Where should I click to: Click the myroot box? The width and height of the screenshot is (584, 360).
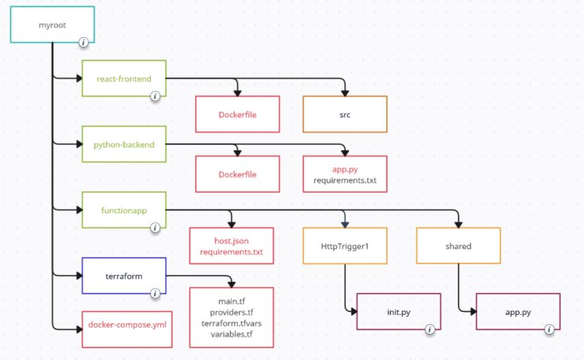(52, 25)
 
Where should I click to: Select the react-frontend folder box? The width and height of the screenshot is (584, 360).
(124, 78)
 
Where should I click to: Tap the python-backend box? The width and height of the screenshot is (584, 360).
(124, 144)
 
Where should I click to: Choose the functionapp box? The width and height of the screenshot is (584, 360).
(124, 210)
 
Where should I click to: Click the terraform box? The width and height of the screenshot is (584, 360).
(124, 276)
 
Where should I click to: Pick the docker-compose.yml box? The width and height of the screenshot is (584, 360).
(127, 329)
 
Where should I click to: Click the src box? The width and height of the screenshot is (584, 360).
(345, 114)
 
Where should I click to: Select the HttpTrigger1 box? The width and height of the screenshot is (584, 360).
(345, 246)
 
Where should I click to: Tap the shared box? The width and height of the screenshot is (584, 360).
(458, 246)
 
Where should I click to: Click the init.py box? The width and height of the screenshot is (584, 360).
(399, 311)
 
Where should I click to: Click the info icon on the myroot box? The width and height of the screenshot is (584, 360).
(83, 42)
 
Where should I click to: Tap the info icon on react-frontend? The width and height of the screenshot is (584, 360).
(155, 96)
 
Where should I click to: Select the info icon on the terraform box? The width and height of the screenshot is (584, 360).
(155, 294)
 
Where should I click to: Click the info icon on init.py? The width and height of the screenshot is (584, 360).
(430, 329)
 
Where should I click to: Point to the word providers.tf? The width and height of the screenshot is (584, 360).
(231, 312)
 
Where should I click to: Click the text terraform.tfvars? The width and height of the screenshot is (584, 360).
(231, 323)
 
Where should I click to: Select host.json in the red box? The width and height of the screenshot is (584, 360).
(231, 241)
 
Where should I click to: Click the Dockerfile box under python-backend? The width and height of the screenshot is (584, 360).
(237, 174)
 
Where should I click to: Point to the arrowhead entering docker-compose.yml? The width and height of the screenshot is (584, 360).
(79, 329)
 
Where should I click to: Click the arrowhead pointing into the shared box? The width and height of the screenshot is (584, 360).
(458, 224)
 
